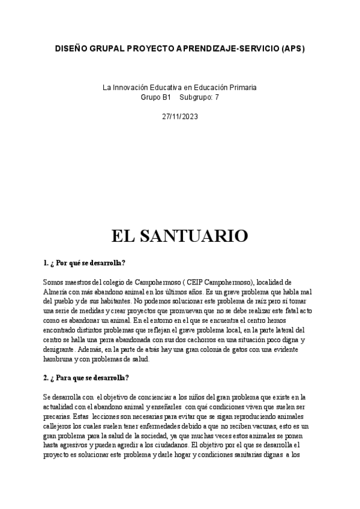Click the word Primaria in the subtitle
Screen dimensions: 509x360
[x=242, y=88]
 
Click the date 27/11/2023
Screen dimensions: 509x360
[x=180, y=116]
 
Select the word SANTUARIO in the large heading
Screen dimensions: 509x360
[x=200, y=236]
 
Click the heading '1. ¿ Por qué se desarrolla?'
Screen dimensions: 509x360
[x=84, y=263]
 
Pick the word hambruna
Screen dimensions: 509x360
[x=59, y=359]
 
